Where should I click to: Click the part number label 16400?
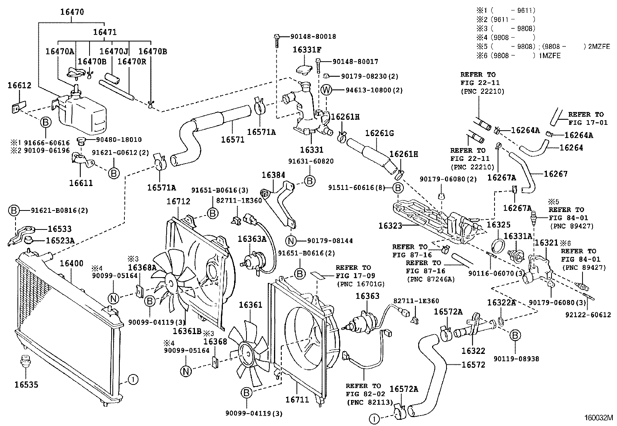click(x=71, y=264)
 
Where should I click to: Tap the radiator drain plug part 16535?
click(x=26, y=360)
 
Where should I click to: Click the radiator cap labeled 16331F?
click(x=305, y=70)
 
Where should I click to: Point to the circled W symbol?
click(x=327, y=90)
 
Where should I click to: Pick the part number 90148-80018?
click(x=313, y=36)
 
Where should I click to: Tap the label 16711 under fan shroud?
click(x=297, y=399)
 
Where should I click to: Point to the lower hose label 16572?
click(x=473, y=365)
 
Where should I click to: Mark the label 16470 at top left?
click(x=72, y=12)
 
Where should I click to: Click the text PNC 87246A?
click(x=431, y=279)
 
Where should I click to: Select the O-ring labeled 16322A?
click(x=500, y=321)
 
